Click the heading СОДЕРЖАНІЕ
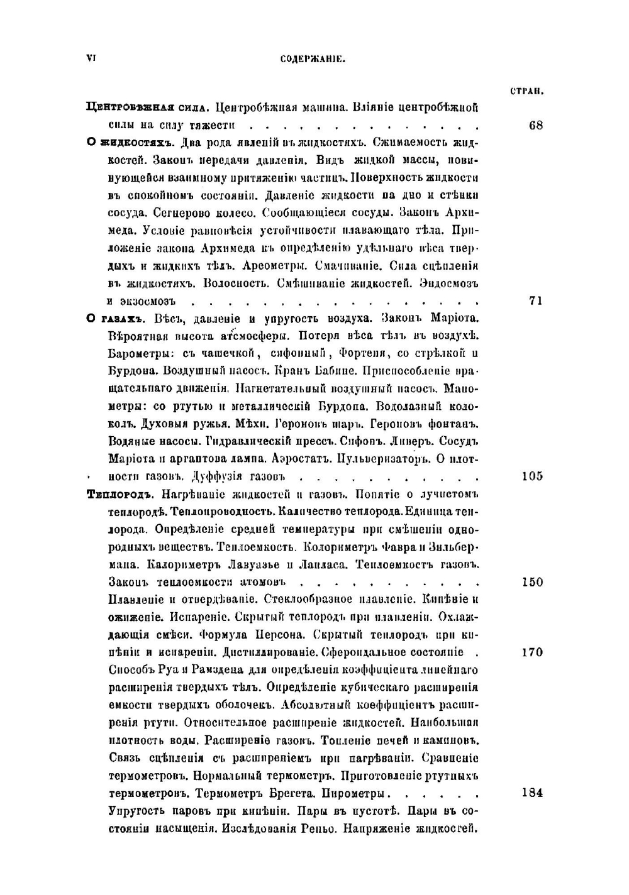click(x=313, y=60)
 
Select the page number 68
click(x=536, y=125)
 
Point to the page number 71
click(x=536, y=300)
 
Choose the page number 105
click(x=533, y=476)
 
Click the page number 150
click(x=533, y=581)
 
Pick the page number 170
click(x=533, y=652)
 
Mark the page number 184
click(x=533, y=793)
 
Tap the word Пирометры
click(x=362, y=793)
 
